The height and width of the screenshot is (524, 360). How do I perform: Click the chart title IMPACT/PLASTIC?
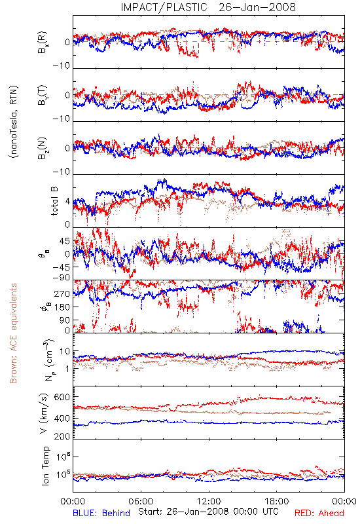164,7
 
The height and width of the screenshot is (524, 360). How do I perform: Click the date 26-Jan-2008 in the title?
257,7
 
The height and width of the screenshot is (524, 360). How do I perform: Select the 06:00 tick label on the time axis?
141,501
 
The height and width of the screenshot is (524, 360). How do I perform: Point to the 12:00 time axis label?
209,501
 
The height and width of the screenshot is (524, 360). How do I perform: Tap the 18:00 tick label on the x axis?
277,501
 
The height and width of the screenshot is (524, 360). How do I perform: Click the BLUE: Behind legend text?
101,513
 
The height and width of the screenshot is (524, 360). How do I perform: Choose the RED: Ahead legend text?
319,513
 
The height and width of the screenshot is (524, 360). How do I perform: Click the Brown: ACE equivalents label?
13,333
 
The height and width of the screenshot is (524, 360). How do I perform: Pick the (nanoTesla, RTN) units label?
14,122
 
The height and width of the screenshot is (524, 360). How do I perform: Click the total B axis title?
54,201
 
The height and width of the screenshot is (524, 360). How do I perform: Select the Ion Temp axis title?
45,466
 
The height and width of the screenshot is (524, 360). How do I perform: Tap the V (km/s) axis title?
44,413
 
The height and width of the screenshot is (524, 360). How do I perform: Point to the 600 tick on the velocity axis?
62,397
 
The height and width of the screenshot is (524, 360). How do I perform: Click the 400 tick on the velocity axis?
62,418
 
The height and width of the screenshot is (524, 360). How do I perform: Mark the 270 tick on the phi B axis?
62,293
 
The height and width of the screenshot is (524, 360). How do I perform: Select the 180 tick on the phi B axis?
62,307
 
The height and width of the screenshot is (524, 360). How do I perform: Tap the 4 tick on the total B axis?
67,202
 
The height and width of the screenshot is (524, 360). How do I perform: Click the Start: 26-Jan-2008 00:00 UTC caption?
208,512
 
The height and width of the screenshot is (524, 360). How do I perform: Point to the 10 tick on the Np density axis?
65,352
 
